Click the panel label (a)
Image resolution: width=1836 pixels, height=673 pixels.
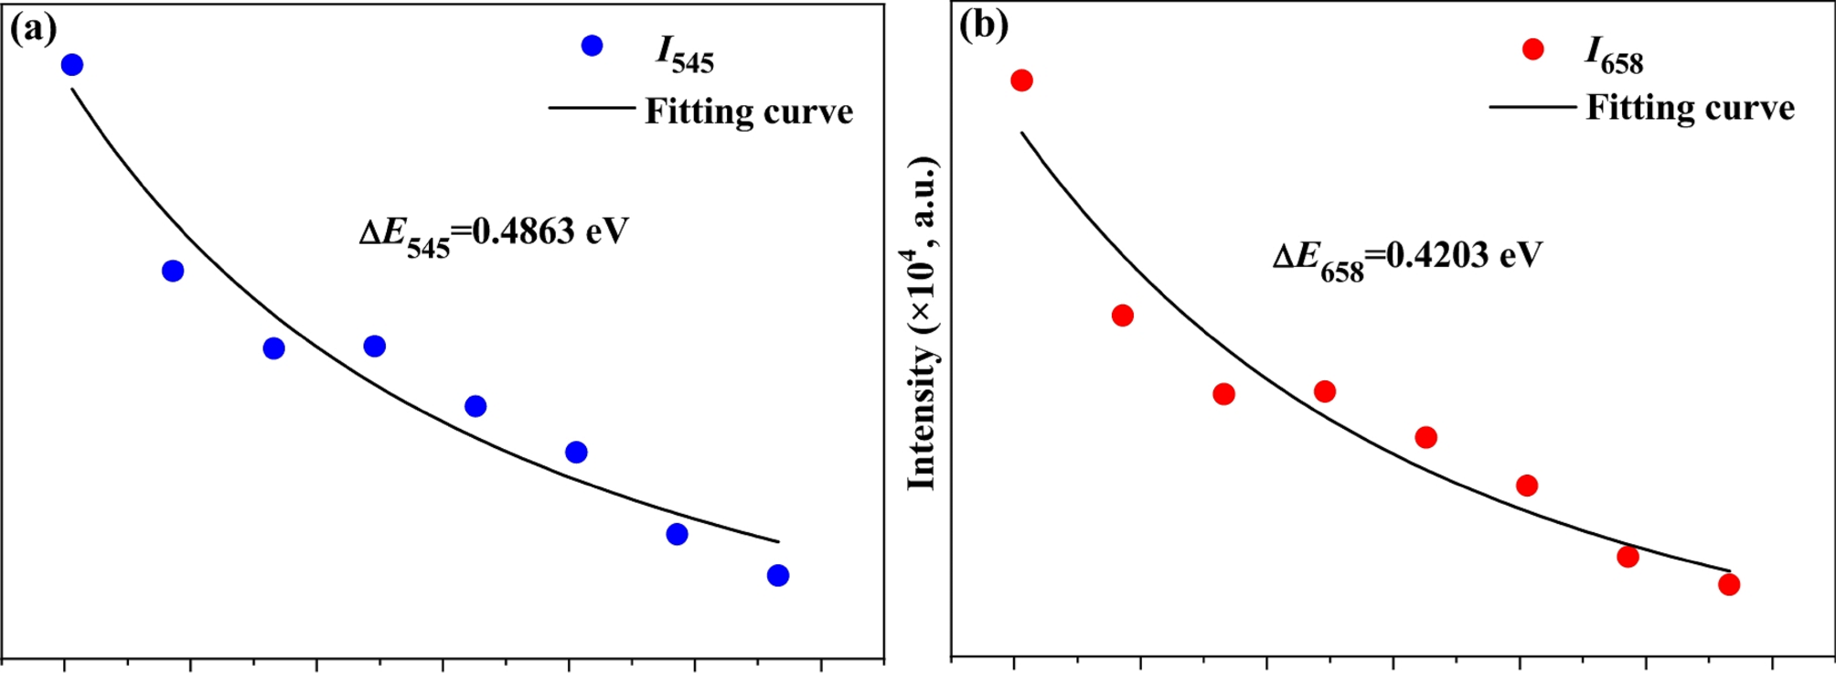click(x=33, y=28)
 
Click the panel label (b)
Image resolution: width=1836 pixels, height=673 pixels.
click(x=984, y=25)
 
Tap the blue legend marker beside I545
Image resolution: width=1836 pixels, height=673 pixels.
click(x=592, y=46)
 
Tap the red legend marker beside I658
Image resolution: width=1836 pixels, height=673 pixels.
click(x=1533, y=49)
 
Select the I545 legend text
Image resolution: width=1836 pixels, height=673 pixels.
click(x=685, y=55)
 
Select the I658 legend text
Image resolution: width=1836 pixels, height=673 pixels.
click(x=1614, y=58)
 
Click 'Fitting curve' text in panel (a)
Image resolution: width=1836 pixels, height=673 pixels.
click(x=749, y=112)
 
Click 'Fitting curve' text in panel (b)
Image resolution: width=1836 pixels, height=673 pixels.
click(x=1690, y=108)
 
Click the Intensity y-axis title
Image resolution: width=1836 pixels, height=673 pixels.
click(x=923, y=325)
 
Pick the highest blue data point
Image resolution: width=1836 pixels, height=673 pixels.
click(x=72, y=65)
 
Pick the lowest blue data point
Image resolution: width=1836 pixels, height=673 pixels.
click(x=778, y=575)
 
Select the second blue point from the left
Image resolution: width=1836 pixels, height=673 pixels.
click(x=173, y=271)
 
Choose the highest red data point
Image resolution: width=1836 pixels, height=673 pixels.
click(x=1022, y=80)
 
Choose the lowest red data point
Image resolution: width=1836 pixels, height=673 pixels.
click(x=1729, y=584)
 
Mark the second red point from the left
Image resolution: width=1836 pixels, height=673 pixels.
click(x=1123, y=315)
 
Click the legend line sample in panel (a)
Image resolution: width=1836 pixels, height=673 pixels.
click(x=592, y=108)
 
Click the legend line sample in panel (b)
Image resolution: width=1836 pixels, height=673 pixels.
click(x=1532, y=107)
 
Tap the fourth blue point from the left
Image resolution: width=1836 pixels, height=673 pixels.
click(x=374, y=346)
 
